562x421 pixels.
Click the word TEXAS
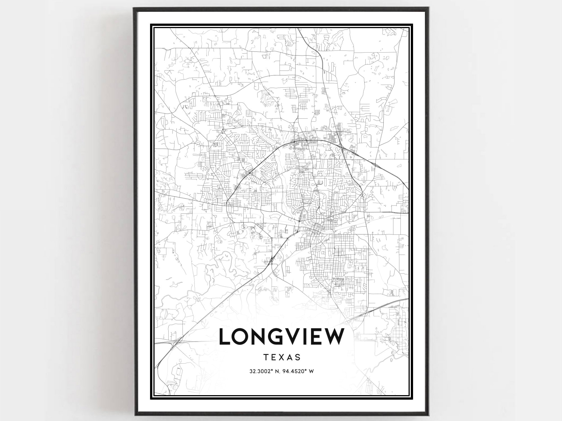[x=282, y=357]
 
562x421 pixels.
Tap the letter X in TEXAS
[x=282, y=357]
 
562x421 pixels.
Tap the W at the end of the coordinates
[x=311, y=371]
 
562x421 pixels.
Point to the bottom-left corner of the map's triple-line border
[x=151, y=398]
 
